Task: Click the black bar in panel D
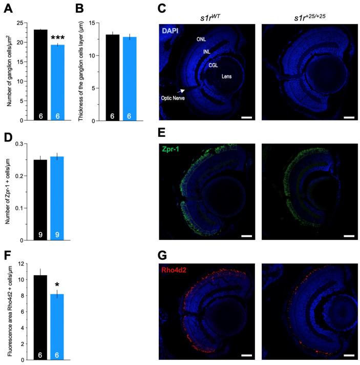(40, 200)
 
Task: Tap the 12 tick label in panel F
(21, 263)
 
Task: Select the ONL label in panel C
(201, 39)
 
